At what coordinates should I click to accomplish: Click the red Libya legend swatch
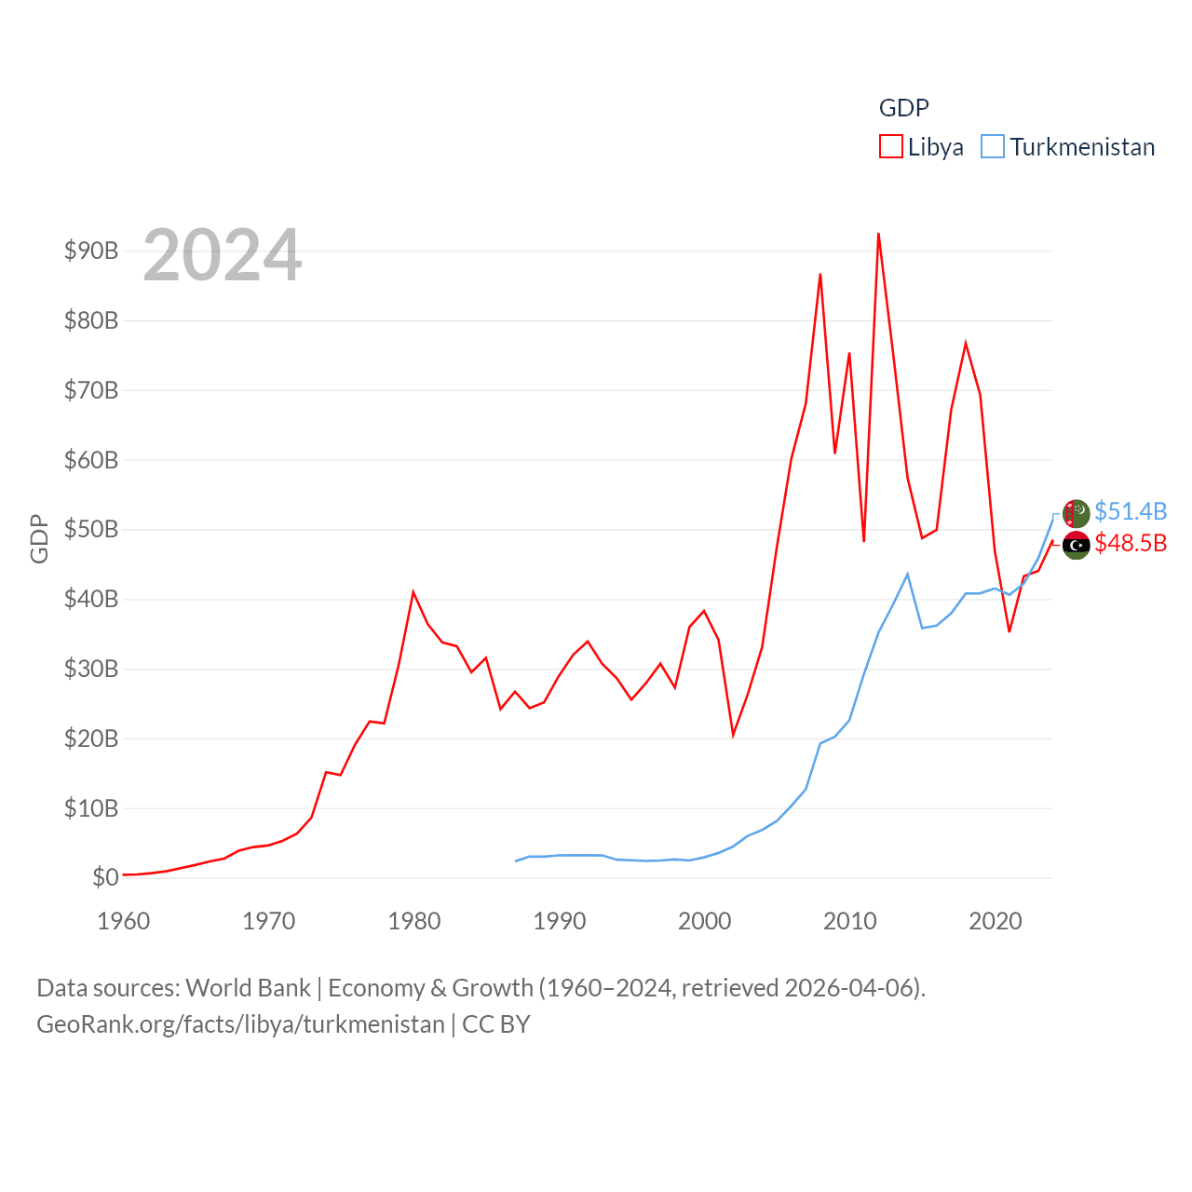click(890, 147)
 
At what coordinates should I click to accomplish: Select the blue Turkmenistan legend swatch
click(993, 147)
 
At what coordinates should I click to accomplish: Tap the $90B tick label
click(91, 251)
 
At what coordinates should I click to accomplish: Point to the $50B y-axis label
click(91, 529)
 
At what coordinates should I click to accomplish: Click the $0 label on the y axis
click(105, 877)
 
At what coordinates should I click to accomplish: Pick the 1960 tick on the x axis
click(124, 921)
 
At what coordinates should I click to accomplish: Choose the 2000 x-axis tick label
click(705, 921)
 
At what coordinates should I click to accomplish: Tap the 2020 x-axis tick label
click(996, 921)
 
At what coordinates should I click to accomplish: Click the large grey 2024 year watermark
click(223, 254)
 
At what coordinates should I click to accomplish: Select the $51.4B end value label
click(1131, 511)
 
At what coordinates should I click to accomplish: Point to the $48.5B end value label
click(1131, 543)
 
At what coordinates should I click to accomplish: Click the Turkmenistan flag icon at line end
click(1076, 513)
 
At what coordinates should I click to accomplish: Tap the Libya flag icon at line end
click(1076, 545)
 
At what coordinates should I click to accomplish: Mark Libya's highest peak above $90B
click(878, 234)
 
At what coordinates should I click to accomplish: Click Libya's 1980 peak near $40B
click(413, 592)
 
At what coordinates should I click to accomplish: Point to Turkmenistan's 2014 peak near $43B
click(907, 574)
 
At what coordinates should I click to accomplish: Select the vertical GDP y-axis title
click(39, 538)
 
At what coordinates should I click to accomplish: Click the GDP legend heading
click(903, 108)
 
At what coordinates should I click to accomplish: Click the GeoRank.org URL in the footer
click(240, 1024)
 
